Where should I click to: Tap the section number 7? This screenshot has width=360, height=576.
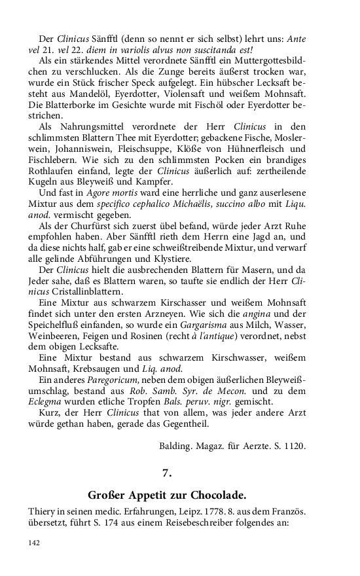click(x=166, y=472)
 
